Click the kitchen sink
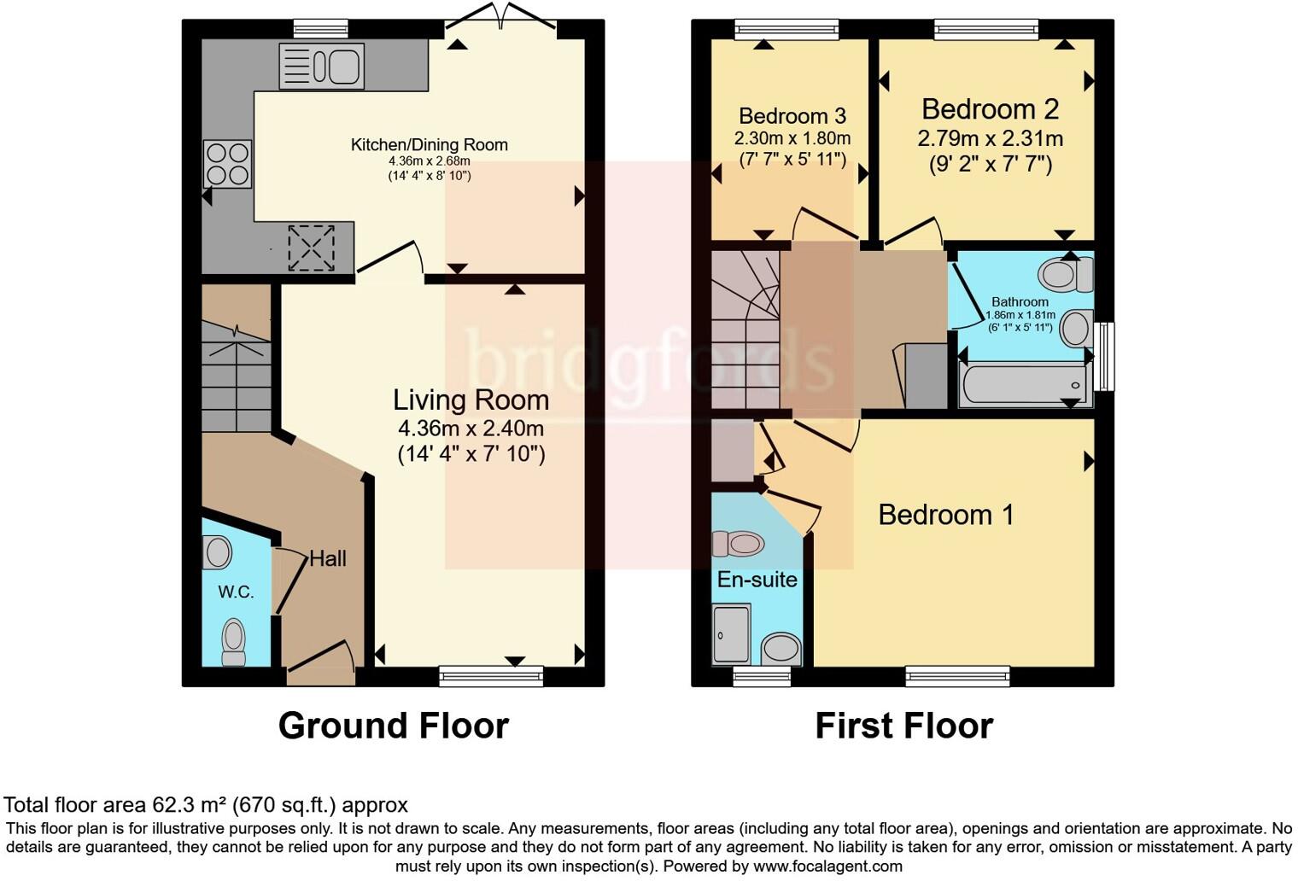coord(322,66)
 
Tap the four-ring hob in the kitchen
coord(227,164)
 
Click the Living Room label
coord(471,400)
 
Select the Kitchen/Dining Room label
coord(429,144)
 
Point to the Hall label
coord(328,558)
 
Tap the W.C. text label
coord(236,592)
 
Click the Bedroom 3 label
coord(792,115)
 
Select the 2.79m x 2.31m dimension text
coord(990,137)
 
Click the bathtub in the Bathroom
coord(1024,385)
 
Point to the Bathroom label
coord(1020,301)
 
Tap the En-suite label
coord(757,579)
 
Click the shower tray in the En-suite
coord(731,633)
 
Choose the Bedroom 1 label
coord(945,514)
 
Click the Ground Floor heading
coord(393,726)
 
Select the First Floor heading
coord(903,726)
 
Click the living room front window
coord(491,676)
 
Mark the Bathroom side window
coord(1105,356)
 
